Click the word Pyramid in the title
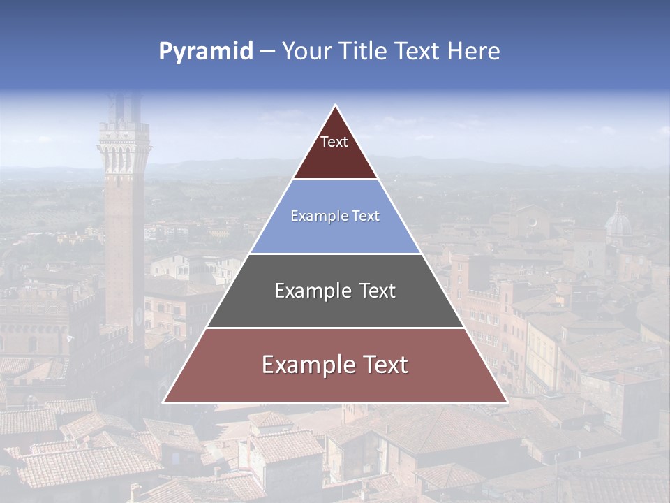(x=206, y=52)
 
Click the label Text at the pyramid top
(x=334, y=142)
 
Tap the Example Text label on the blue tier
(x=335, y=216)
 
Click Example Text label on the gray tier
(x=335, y=291)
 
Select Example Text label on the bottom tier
(x=335, y=365)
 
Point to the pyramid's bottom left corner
(x=163, y=402)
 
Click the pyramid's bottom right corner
(x=507, y=402)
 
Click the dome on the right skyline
(x=618, y=224)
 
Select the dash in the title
(x=267, y=52)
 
